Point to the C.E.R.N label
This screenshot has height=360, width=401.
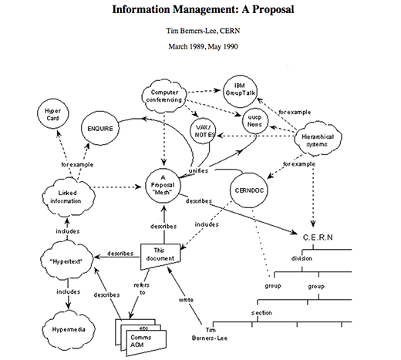(318, 237)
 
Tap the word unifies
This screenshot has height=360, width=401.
(198, 170)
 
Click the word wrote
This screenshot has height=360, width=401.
(186, 300)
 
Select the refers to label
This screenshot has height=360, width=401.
(142, 288)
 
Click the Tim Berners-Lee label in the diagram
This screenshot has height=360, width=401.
(210, 334)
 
